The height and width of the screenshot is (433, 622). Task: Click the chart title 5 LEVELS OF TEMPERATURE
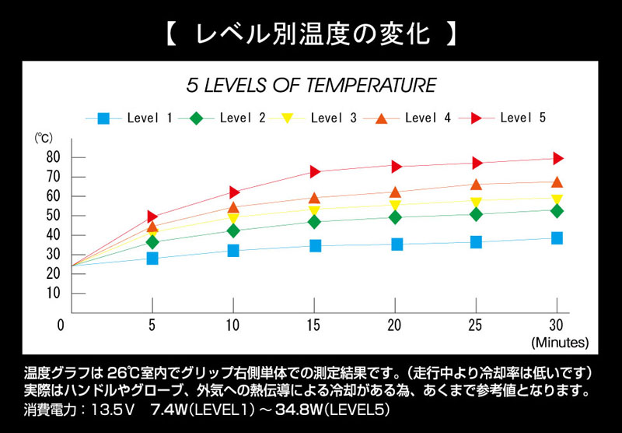tap(311, 85)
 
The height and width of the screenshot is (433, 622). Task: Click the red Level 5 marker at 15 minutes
tap(316, 171)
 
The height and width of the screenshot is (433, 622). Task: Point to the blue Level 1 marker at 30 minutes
tap(557, 238)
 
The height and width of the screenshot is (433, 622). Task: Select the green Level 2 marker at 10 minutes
tap(233, 231)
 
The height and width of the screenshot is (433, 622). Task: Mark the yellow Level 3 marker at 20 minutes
tap(396, 206)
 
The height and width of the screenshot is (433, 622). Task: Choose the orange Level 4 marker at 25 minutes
tap(476, 185)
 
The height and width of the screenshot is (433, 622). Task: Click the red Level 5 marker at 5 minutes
tap(152, 216)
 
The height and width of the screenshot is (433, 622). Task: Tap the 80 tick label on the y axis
tap(54, 157)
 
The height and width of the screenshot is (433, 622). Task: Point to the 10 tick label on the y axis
tap(54, 293)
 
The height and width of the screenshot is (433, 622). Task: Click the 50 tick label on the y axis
tap(54, 216)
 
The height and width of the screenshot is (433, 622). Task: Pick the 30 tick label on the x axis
tap(557, 325)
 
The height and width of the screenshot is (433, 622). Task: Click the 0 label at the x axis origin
tap(61, 325)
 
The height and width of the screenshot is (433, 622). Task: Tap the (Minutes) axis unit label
tap(560, 342)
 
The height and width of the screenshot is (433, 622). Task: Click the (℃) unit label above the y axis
tap(43, 139)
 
